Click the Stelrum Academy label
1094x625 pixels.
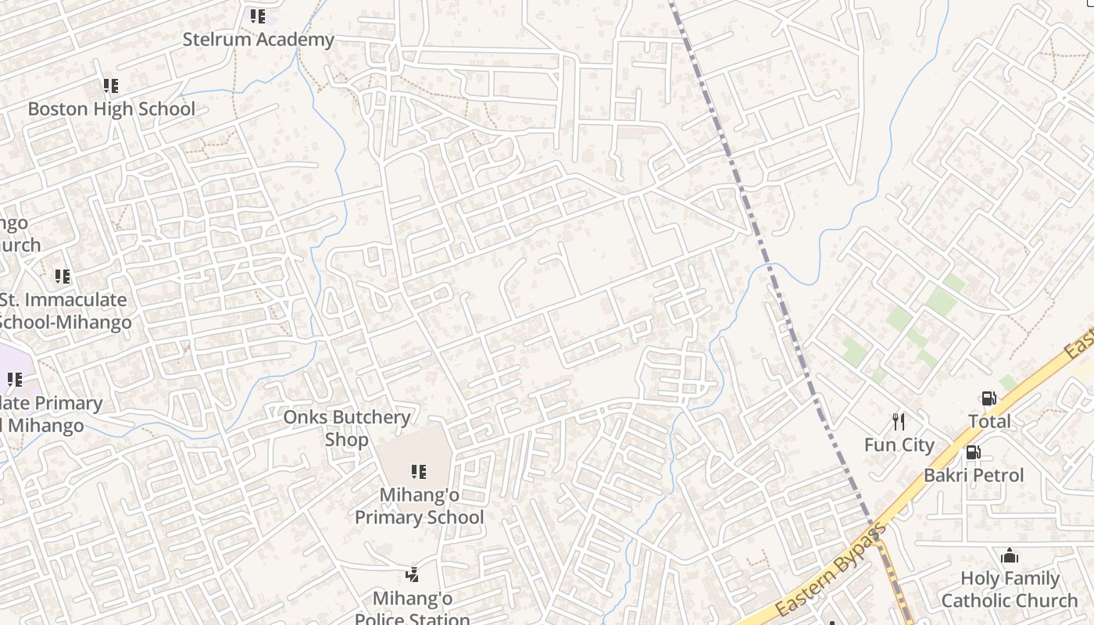coord(258,39)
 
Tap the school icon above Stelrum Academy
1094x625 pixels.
coord(258,16)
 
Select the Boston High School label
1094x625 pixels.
coord(111,109)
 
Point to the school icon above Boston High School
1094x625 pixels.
coord(111,86)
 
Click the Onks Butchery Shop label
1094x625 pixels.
coord(346,428)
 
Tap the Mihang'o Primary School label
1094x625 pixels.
coord(419,506)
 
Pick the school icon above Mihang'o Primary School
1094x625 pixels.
coord(419,472)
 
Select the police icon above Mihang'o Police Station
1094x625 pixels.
coord(413,576)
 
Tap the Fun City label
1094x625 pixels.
coord(899,445)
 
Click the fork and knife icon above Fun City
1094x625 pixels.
coord(899,422)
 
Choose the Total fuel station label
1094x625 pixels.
coord(989,422)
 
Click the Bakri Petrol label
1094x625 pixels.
coord(974,475)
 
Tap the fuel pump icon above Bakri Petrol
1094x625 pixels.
coord(973,452)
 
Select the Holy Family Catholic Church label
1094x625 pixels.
coord(1010,590)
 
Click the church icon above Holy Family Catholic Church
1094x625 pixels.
coord(1010,556)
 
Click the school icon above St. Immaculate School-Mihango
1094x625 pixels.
coord(63,277)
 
